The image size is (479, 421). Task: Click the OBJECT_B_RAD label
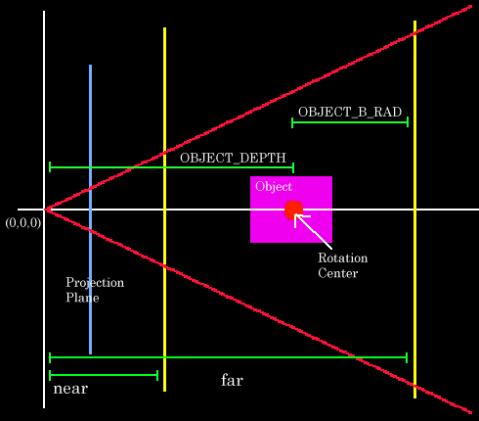350,112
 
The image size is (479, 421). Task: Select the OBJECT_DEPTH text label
233,158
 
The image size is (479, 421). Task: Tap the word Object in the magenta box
274,187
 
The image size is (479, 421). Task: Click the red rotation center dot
293,210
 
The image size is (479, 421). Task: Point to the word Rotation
343,257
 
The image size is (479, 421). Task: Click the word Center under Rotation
338,273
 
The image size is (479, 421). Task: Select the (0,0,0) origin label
23,223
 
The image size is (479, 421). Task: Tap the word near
70,389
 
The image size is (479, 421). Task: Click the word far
232,380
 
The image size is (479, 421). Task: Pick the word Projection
95,283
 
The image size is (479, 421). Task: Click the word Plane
82,298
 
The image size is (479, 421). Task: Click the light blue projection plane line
90,210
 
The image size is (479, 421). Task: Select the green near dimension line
104,375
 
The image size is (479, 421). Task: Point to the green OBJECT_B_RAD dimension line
350,122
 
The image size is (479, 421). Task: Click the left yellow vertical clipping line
164,210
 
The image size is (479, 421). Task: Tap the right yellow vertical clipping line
414,210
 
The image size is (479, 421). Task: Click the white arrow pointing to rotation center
313,231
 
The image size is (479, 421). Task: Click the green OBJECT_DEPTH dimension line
171,167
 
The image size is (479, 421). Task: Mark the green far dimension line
228,357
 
